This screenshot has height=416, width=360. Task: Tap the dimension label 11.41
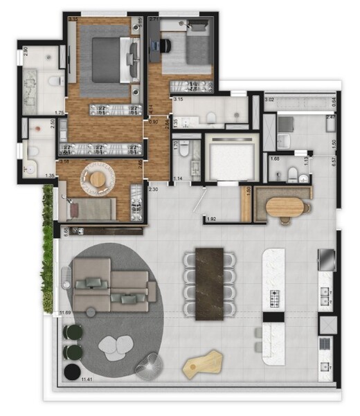click(x=88, y=380)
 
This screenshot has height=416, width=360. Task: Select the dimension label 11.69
click(x=66, y=314)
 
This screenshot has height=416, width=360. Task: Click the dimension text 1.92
click(x=213, y=220)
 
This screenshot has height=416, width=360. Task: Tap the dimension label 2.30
click(x=154, y=189)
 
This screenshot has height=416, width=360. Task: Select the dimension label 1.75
click(x=60, y=113)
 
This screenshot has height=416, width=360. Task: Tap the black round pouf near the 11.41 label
click(x=70, y=373)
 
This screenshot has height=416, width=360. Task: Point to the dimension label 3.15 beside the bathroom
click(x=178, y=100)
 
